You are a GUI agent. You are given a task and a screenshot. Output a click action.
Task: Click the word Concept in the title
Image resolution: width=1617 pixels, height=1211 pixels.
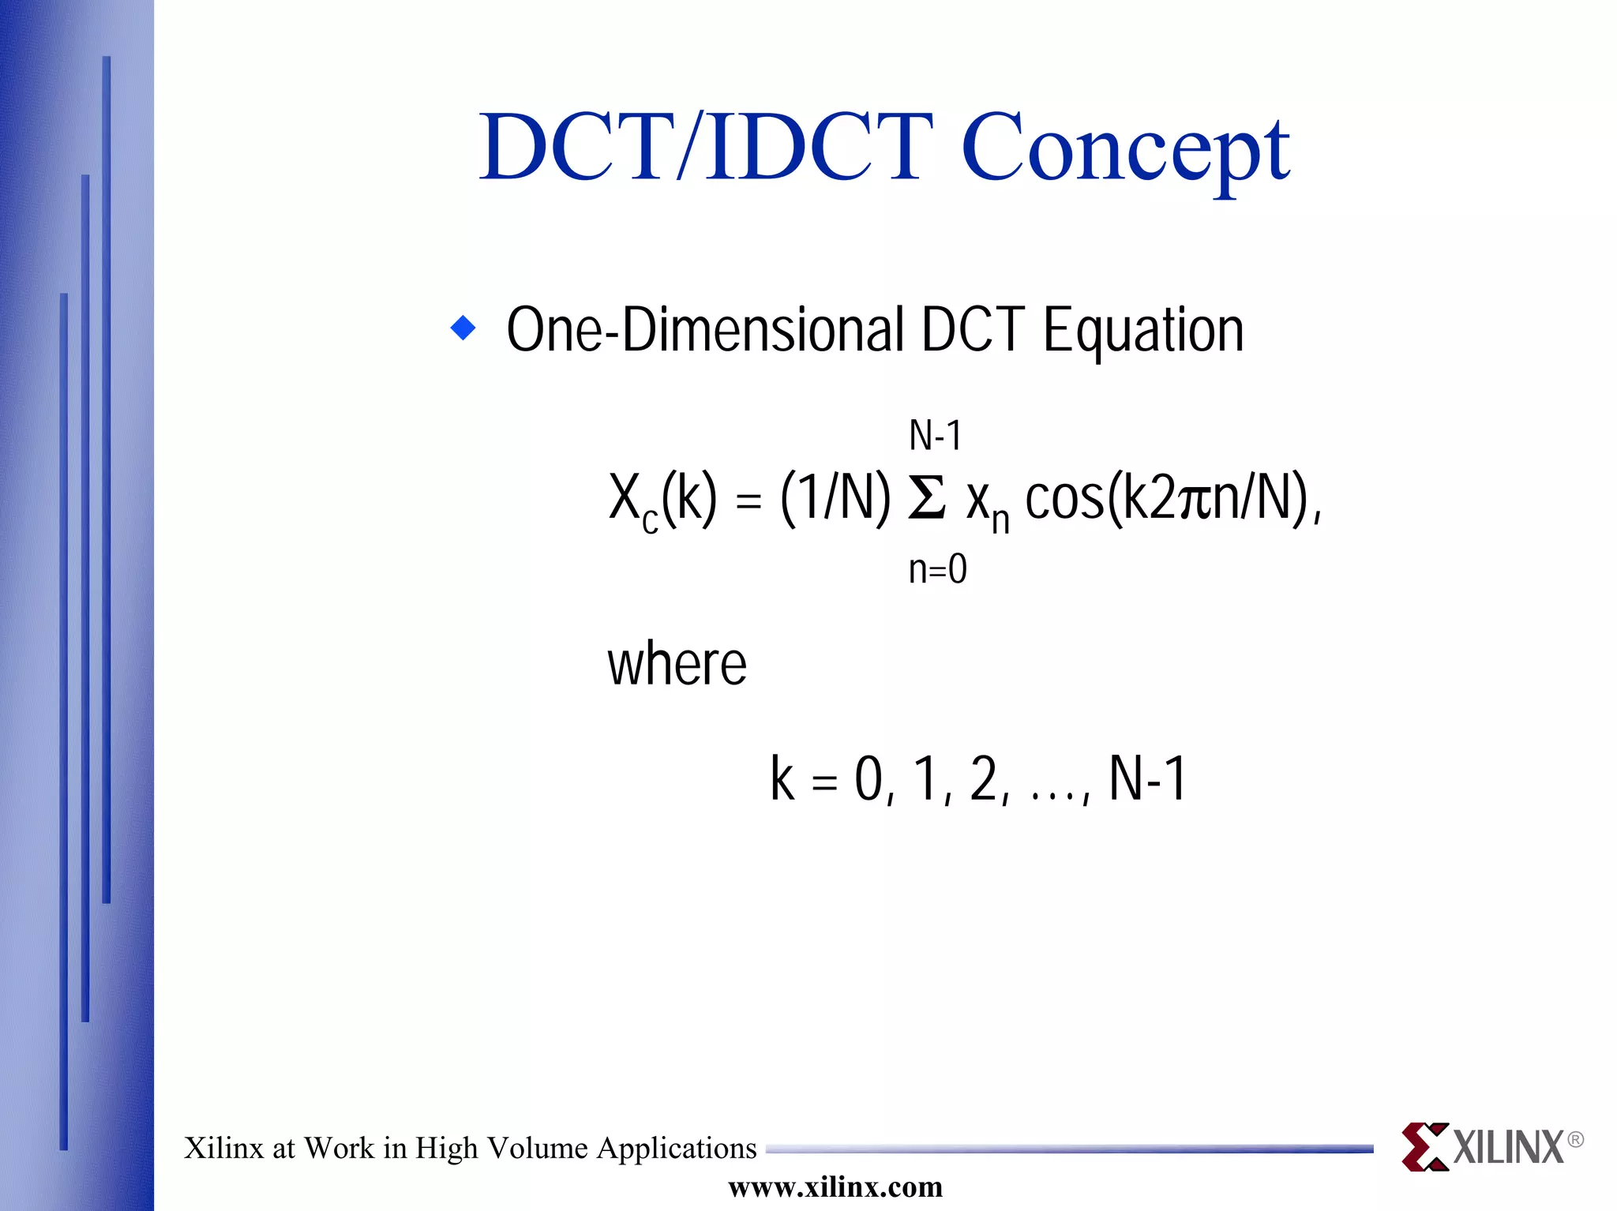[1124, 148]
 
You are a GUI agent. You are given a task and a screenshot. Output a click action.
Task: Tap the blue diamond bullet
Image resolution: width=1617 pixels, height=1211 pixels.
[463, 328]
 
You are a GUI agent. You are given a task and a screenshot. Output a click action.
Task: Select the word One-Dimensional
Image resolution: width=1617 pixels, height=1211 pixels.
[705, 330]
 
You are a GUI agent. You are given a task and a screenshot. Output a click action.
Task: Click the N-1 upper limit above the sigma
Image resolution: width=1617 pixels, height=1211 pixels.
[935, 435]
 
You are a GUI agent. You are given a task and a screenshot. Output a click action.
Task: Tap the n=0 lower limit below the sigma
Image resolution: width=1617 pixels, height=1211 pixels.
[937, 568]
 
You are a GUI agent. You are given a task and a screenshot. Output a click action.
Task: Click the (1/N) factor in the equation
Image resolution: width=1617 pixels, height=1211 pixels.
[835, 499]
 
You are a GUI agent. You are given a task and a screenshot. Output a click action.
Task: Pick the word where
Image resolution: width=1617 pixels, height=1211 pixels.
[677, 664]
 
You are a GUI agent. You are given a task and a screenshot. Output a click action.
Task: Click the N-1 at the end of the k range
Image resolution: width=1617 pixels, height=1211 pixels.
[1147, 779]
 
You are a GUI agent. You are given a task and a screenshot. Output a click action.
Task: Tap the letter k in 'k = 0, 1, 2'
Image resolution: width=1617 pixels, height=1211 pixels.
[782, 779]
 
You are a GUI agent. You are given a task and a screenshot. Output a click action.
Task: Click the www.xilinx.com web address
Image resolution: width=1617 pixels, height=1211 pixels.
[835, 1187]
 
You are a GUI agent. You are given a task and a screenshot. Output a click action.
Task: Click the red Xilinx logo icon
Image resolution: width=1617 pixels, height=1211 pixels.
[1424, 1146]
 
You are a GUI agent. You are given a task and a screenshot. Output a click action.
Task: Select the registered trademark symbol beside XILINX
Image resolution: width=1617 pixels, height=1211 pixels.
[1574, 1139]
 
